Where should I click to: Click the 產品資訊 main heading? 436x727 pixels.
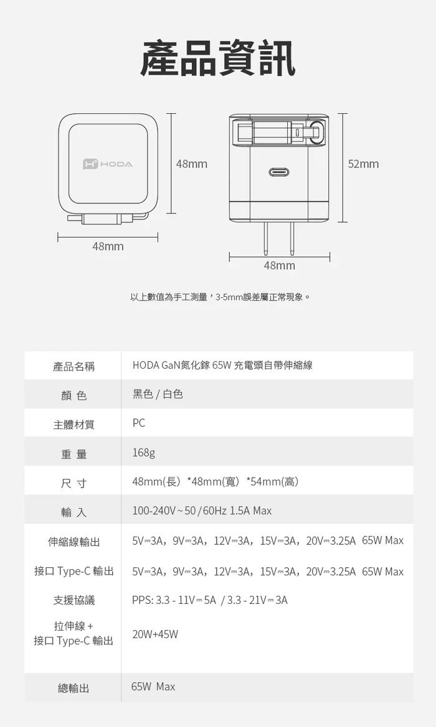(x=217, y=59)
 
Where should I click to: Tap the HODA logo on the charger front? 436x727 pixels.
(x=108, y=164)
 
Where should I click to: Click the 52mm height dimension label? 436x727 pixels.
(x=363, y=164)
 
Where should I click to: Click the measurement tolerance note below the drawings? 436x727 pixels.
(x=220, y=297)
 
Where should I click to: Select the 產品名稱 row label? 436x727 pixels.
(x=73, y=366)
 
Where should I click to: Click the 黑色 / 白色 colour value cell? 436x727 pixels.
(x=158, y=394)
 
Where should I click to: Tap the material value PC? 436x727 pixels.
(x=139, y=423)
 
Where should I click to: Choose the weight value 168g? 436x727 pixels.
(x=143, y=452)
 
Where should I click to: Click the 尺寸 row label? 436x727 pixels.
(x=73, y=483)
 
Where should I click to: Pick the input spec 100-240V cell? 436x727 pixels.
(x=202, y=511)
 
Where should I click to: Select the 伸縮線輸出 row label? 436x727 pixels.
(x=73, y=542)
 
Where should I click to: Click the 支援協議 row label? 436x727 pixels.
(x=73, y=600)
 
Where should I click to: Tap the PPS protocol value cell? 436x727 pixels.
(x=209, y=600)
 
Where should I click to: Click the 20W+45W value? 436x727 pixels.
(x=155, y=634)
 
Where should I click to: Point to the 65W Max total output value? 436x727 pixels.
(x=153, y=687)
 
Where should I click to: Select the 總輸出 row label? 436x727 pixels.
(x=73, y=688)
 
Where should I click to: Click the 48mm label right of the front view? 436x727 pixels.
(x=191, y=164)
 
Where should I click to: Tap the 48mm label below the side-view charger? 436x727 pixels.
(x=279, y=266)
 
